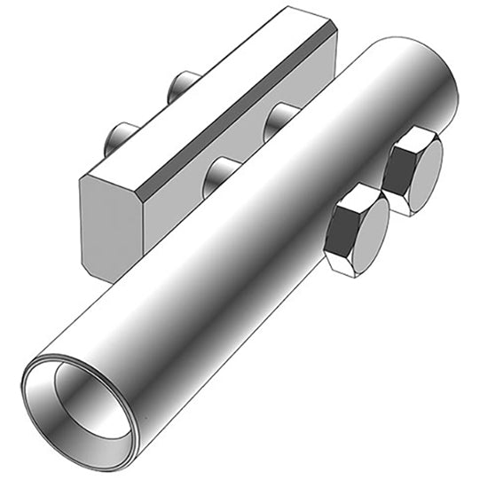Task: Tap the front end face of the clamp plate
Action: click(x=111, y=222)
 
